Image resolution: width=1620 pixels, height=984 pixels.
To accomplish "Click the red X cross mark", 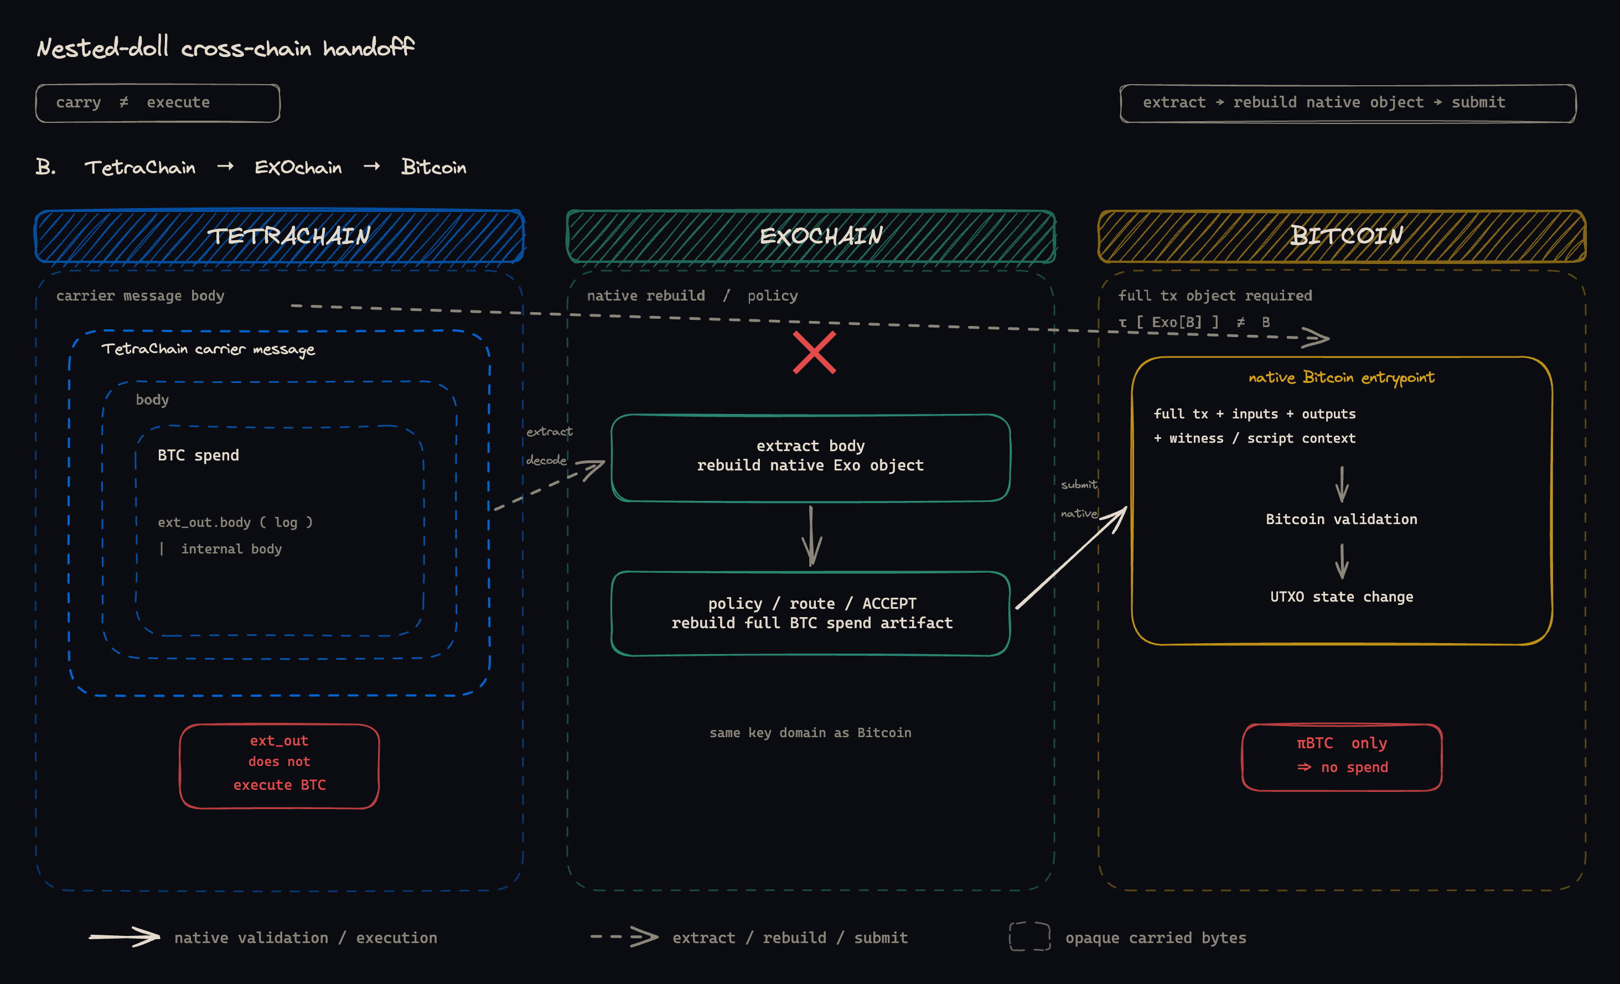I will coord(814,353).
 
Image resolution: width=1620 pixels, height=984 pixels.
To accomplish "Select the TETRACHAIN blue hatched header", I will coord(280,236).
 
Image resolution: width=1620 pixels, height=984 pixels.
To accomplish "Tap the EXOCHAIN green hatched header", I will coord(811,236).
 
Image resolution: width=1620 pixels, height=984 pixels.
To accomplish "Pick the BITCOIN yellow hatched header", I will coord(1342,236).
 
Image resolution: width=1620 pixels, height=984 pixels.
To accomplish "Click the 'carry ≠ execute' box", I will coord(158,103).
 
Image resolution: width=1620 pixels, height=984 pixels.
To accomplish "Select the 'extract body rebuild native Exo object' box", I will coord(810,458).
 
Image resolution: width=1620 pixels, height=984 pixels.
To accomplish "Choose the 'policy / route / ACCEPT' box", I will coord(810,613).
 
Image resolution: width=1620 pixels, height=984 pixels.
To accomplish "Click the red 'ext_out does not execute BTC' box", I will coord(280,766).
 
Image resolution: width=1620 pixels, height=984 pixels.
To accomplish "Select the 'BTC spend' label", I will coord(198,455).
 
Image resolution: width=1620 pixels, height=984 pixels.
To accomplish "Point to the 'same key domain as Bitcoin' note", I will coord(810,733).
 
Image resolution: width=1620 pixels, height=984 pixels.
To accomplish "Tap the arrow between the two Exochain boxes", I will coord(811,536).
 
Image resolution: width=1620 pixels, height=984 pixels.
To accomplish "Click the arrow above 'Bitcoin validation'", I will coord(1342,484).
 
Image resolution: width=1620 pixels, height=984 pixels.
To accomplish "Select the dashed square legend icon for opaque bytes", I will coord(1029,936).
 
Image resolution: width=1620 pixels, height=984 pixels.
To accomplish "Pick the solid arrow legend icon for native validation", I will coord(125,936).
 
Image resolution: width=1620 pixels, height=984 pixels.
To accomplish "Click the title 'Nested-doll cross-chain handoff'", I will coord(225,48).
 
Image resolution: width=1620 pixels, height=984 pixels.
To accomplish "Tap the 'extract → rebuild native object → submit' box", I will coord(1348,103).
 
